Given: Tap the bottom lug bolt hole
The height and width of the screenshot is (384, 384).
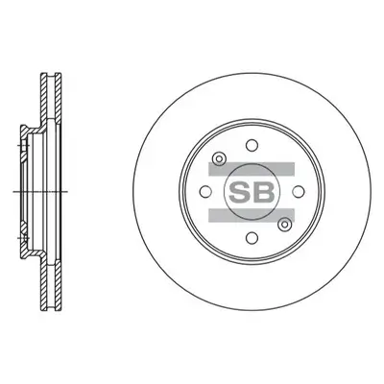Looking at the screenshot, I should [x=248, y=239].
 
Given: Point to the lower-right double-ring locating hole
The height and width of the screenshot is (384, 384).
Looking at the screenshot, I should [x=283, y=224].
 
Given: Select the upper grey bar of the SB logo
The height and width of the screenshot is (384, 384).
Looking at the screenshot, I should [x=249, y=166].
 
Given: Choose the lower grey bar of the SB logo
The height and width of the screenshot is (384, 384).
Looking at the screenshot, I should [x=249, y=213].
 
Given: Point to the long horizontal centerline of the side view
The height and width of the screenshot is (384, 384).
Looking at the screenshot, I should [x=38, y=190].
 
